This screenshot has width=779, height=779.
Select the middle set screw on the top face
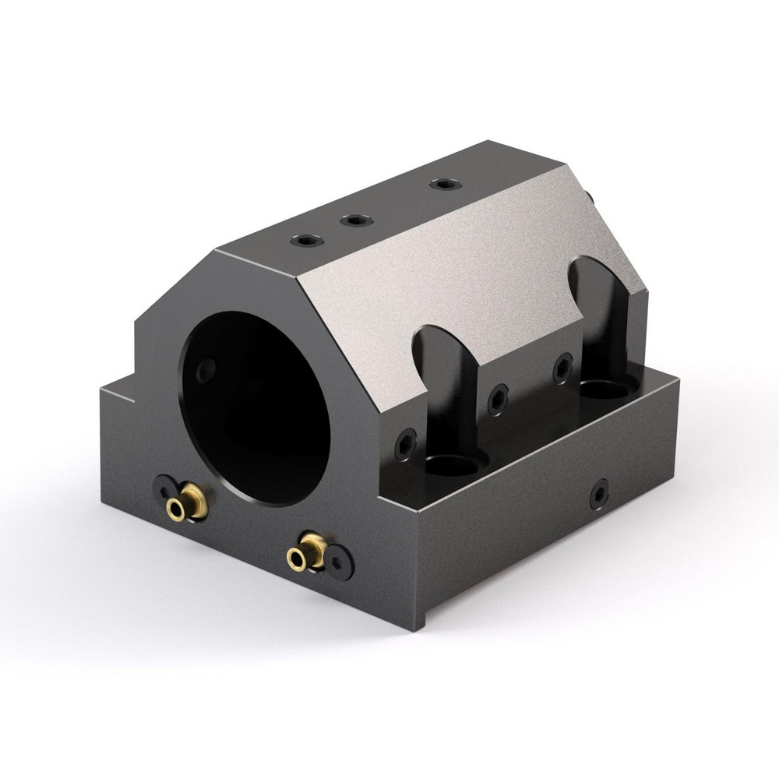[x=355, y=220]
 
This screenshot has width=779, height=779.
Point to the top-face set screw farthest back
[x=445, y=185]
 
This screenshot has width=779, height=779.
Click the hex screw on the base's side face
[x=598, y=493]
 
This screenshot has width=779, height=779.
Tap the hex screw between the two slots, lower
[x=499, y=400]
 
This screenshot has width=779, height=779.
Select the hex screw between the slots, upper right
[x=562, y=368]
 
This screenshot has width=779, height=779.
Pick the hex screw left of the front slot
[x=405, y=445]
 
